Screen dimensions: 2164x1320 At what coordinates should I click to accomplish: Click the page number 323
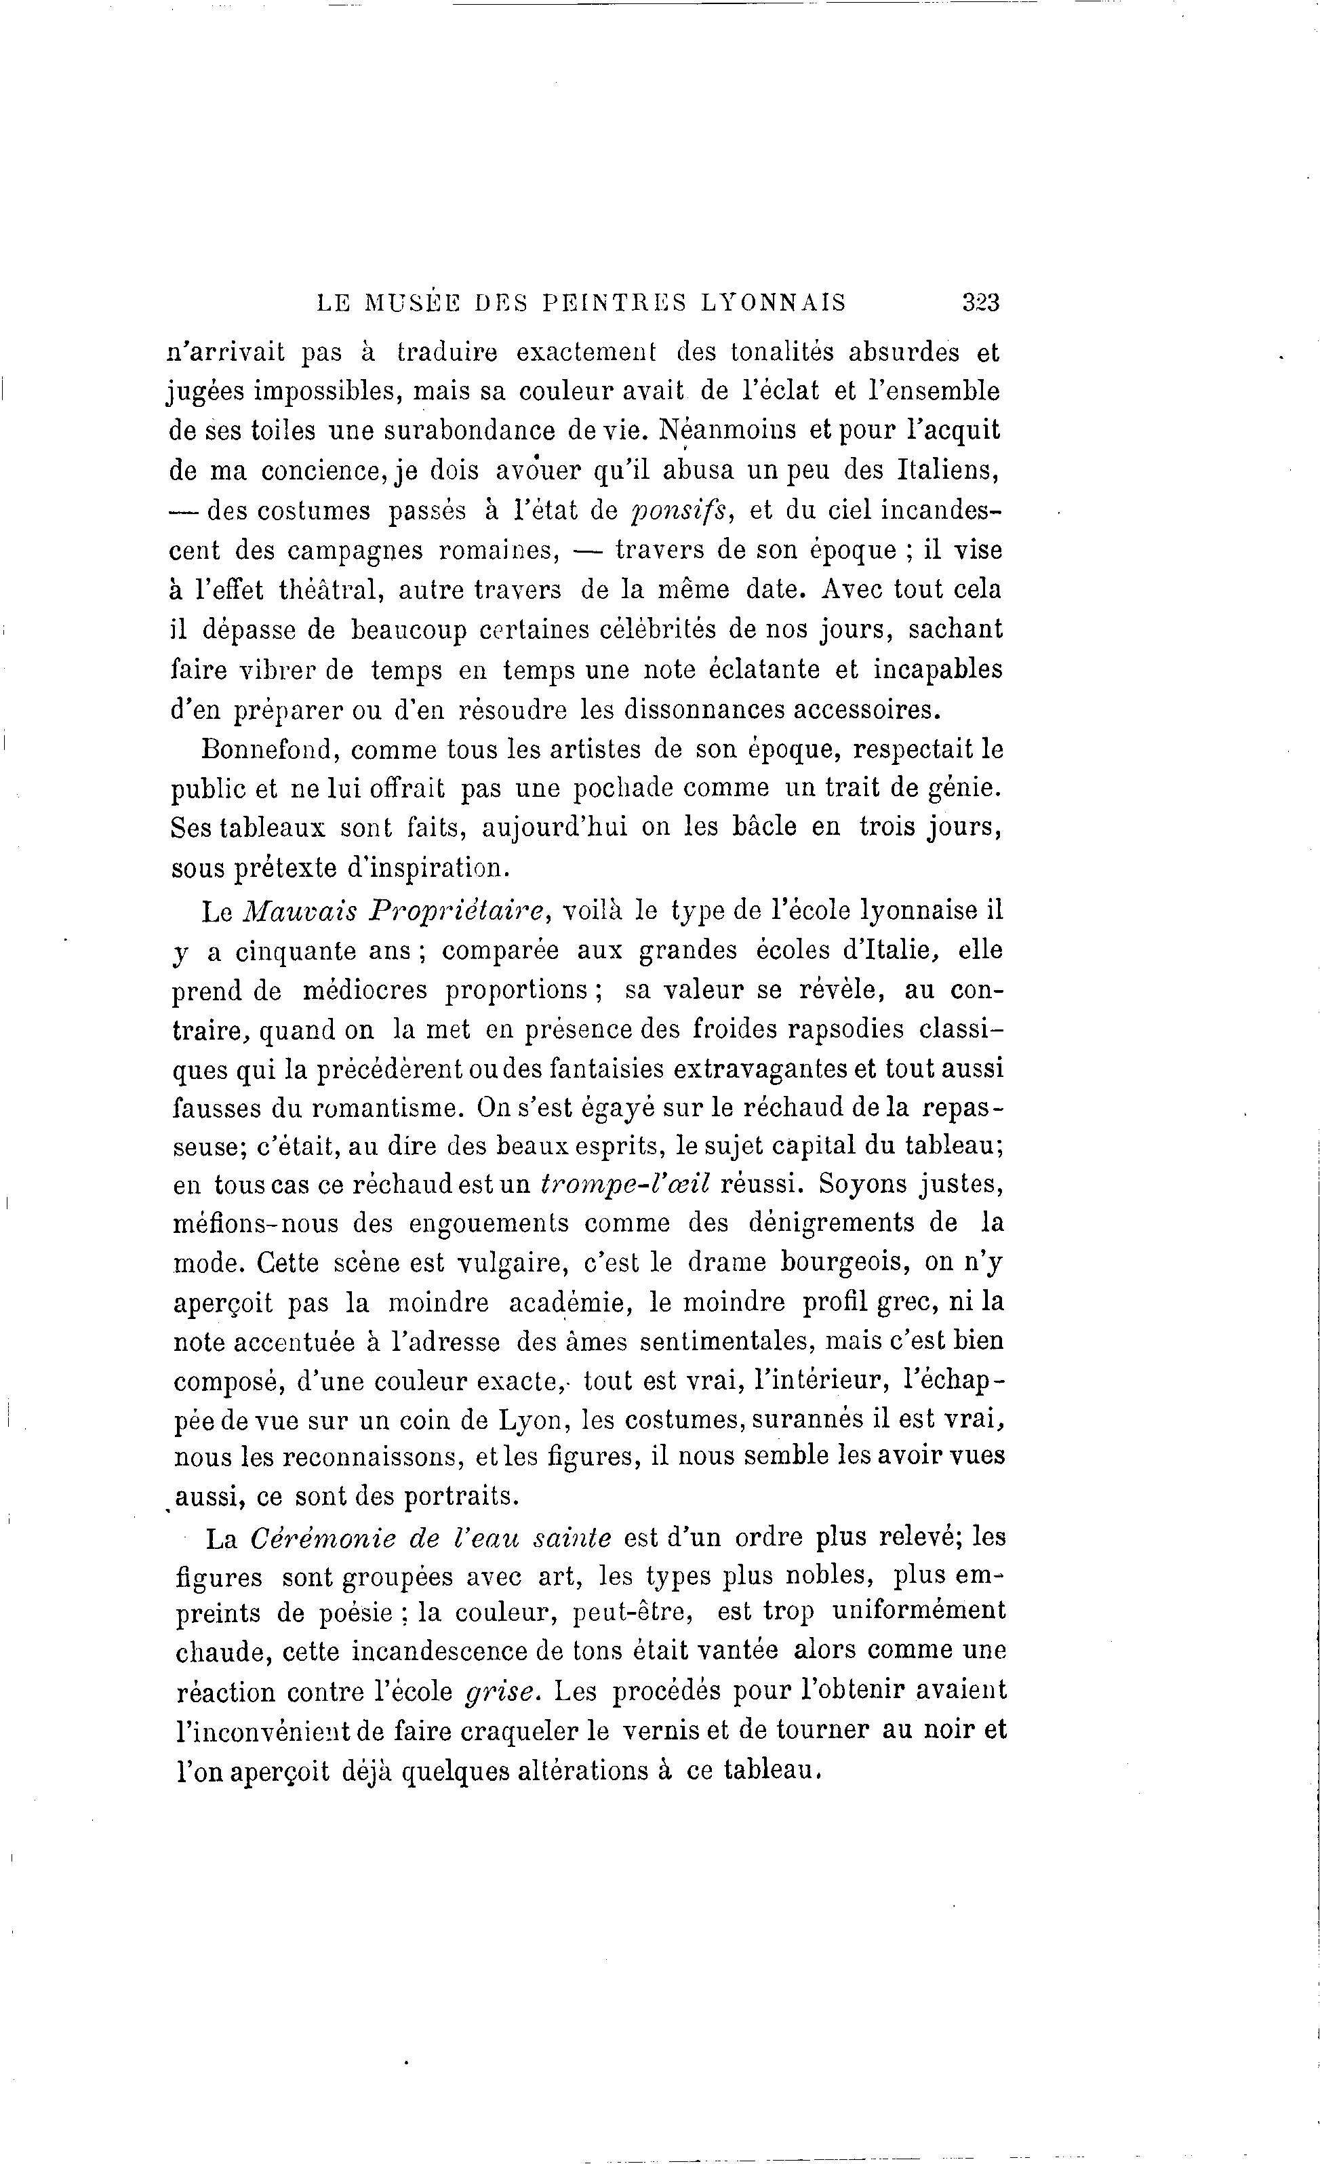tap(980, 303)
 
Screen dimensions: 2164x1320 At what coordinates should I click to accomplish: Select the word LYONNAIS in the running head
tap(773, 303)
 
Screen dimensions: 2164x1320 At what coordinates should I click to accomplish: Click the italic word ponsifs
tap(683, 511)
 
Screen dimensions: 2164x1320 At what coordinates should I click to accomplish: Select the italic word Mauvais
tap(298, 911)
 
